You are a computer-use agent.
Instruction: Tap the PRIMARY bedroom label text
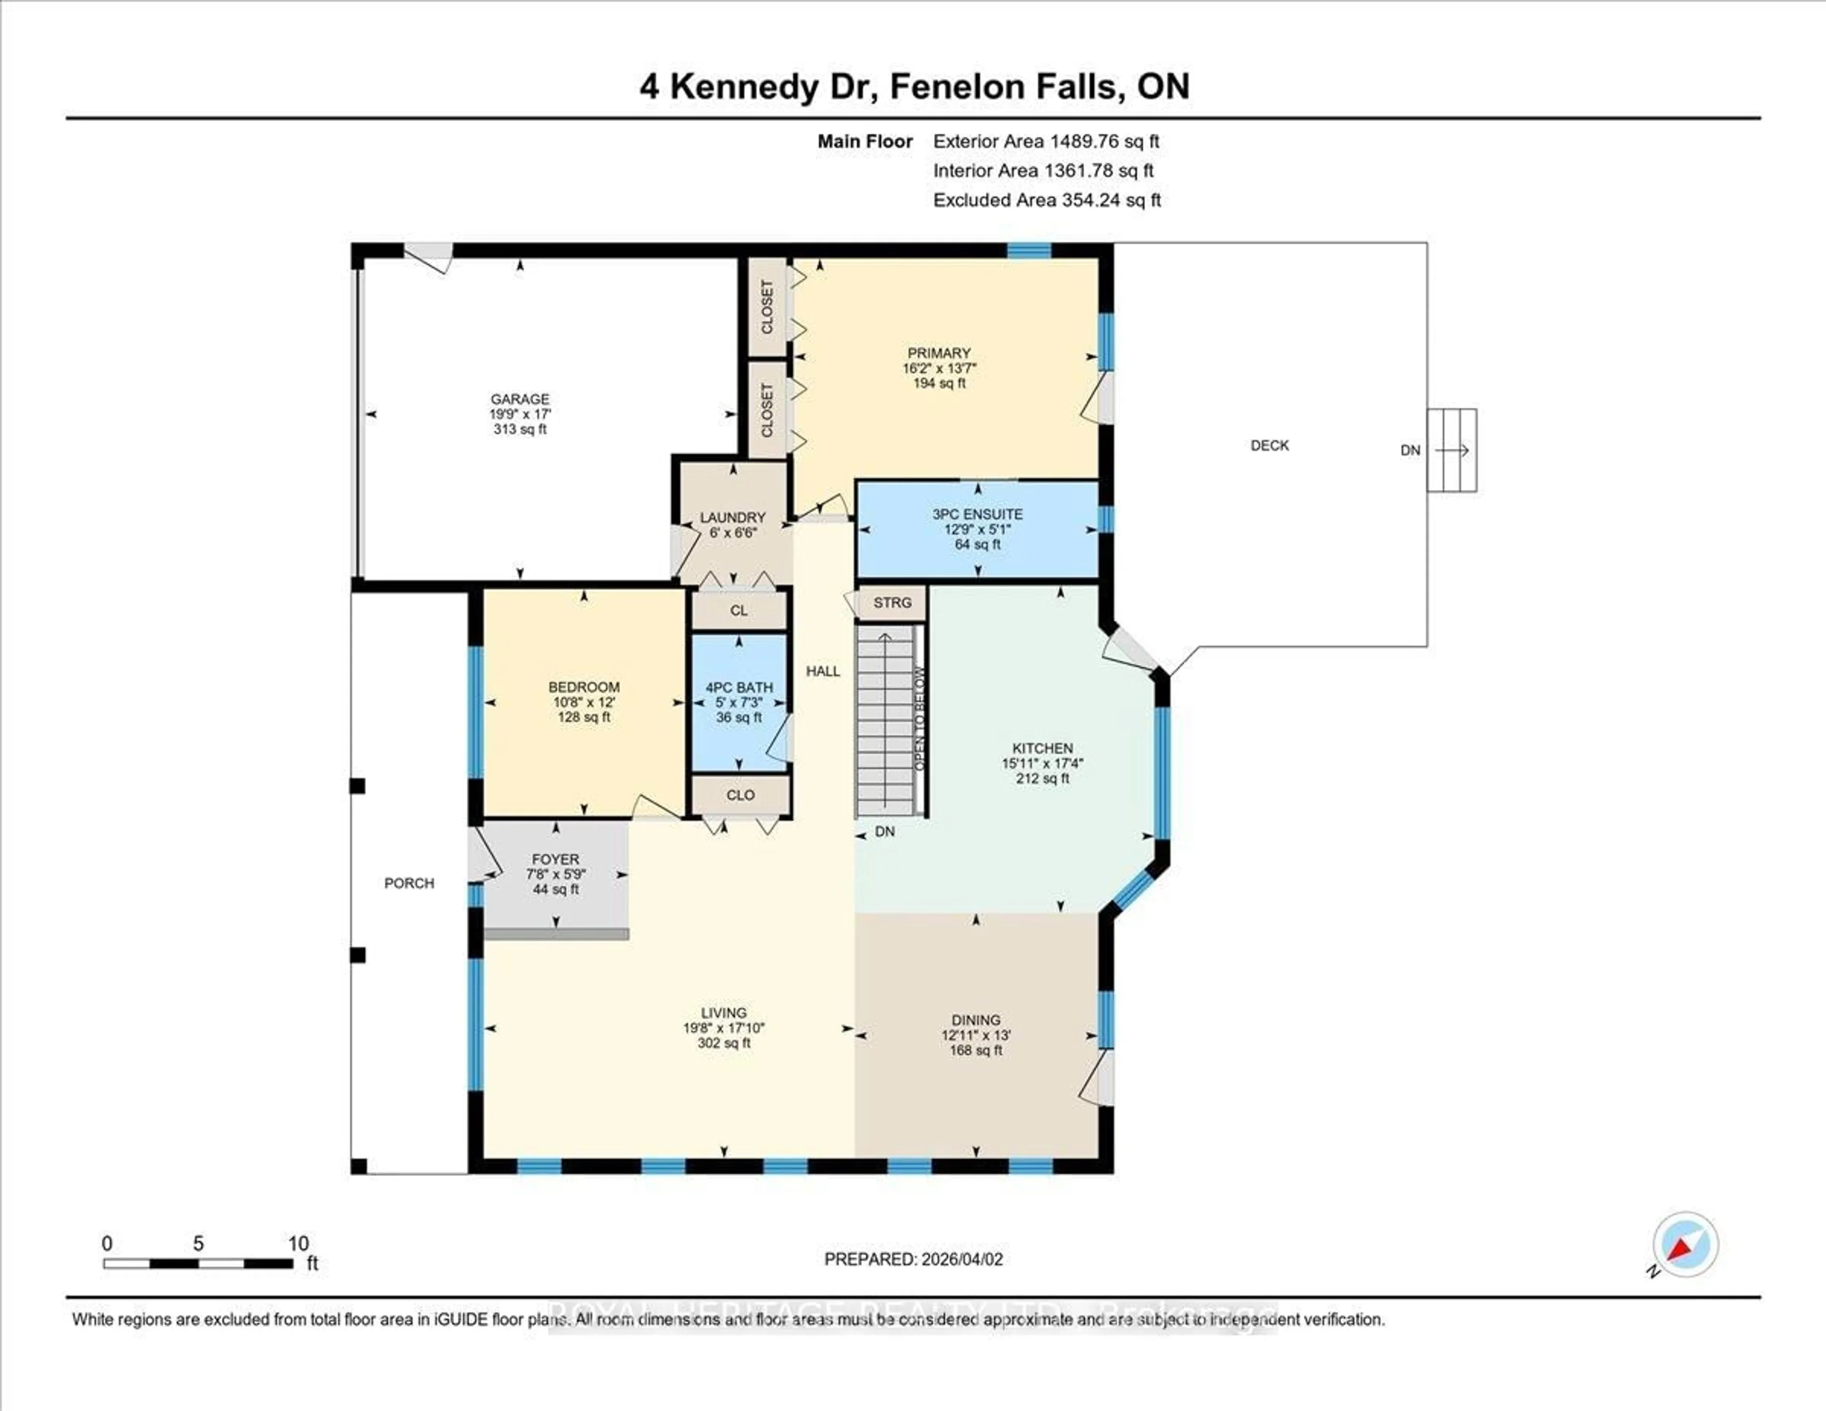(939, 353)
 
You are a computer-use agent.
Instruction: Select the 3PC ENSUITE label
(977, 514)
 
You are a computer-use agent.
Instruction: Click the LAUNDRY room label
(732, 518)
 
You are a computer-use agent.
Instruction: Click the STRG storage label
(892, 602)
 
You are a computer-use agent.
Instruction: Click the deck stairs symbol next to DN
(1452, 450)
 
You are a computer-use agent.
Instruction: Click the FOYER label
(555, 859)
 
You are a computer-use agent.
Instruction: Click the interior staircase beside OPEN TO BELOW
(884, 724)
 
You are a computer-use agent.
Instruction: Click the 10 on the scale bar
(299, 1244)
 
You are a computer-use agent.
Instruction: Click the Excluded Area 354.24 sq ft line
(1046, 200)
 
